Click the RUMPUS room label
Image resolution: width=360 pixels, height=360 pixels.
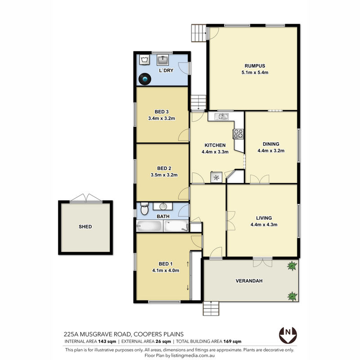(255, 66)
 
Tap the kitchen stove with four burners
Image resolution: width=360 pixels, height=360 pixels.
(238, 134)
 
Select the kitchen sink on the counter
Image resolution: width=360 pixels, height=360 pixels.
(221, 117)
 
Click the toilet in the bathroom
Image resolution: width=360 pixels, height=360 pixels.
(144, 208)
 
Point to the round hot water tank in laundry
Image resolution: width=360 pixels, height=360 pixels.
(145, 79)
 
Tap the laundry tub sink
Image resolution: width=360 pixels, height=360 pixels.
(162, 60)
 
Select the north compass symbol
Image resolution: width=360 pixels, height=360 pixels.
(288, 335)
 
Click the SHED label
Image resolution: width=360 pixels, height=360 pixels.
(85, 227)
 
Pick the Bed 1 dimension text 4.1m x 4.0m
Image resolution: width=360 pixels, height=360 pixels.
(166, 270)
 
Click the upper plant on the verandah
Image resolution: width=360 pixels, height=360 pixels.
(292, 265)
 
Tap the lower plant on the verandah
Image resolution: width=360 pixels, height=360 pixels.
(292, 296)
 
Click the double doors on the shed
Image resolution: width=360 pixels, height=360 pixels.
(86, 198)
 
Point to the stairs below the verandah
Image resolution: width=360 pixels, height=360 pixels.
(211, 308)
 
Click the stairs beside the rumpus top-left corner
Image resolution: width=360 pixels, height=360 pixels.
(198, 33)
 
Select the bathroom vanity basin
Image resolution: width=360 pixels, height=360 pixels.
(163, 206)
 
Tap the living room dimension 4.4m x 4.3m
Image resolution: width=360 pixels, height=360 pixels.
(264, 225)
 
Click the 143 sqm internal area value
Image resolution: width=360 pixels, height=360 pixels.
(107, 342)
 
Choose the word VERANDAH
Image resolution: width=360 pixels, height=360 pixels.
(249, 281)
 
